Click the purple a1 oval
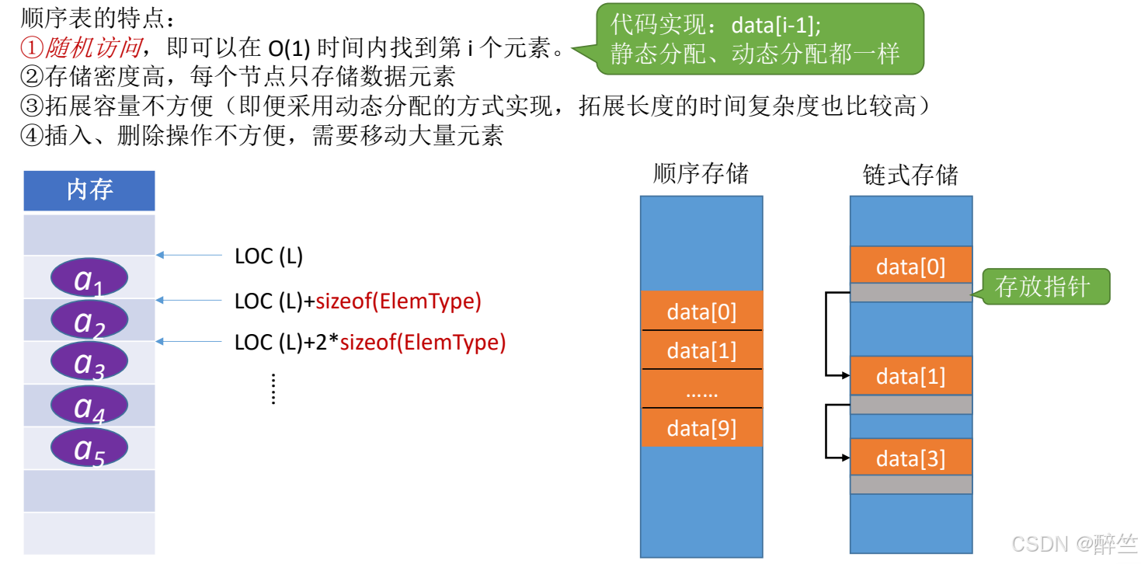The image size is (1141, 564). click(89, 278)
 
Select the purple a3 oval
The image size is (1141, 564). click(89, 361)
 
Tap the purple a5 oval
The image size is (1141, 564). click(89, 447)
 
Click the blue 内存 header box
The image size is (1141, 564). click(89, 190)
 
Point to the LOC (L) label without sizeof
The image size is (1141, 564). click(269, 256)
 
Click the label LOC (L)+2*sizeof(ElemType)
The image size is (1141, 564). click(370, 342)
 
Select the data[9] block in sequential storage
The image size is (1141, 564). click(701, 428)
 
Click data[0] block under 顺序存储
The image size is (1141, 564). click(701, 312)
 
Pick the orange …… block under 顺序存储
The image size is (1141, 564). click(701, 389)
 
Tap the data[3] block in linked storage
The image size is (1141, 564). click(911, 458)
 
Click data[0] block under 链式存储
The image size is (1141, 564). click(911, 266)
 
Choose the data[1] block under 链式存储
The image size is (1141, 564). click(911, 376)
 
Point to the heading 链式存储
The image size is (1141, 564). click(910, 174)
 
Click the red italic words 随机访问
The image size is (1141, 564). click(94, 47)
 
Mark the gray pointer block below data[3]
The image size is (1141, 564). click(911, 484)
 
